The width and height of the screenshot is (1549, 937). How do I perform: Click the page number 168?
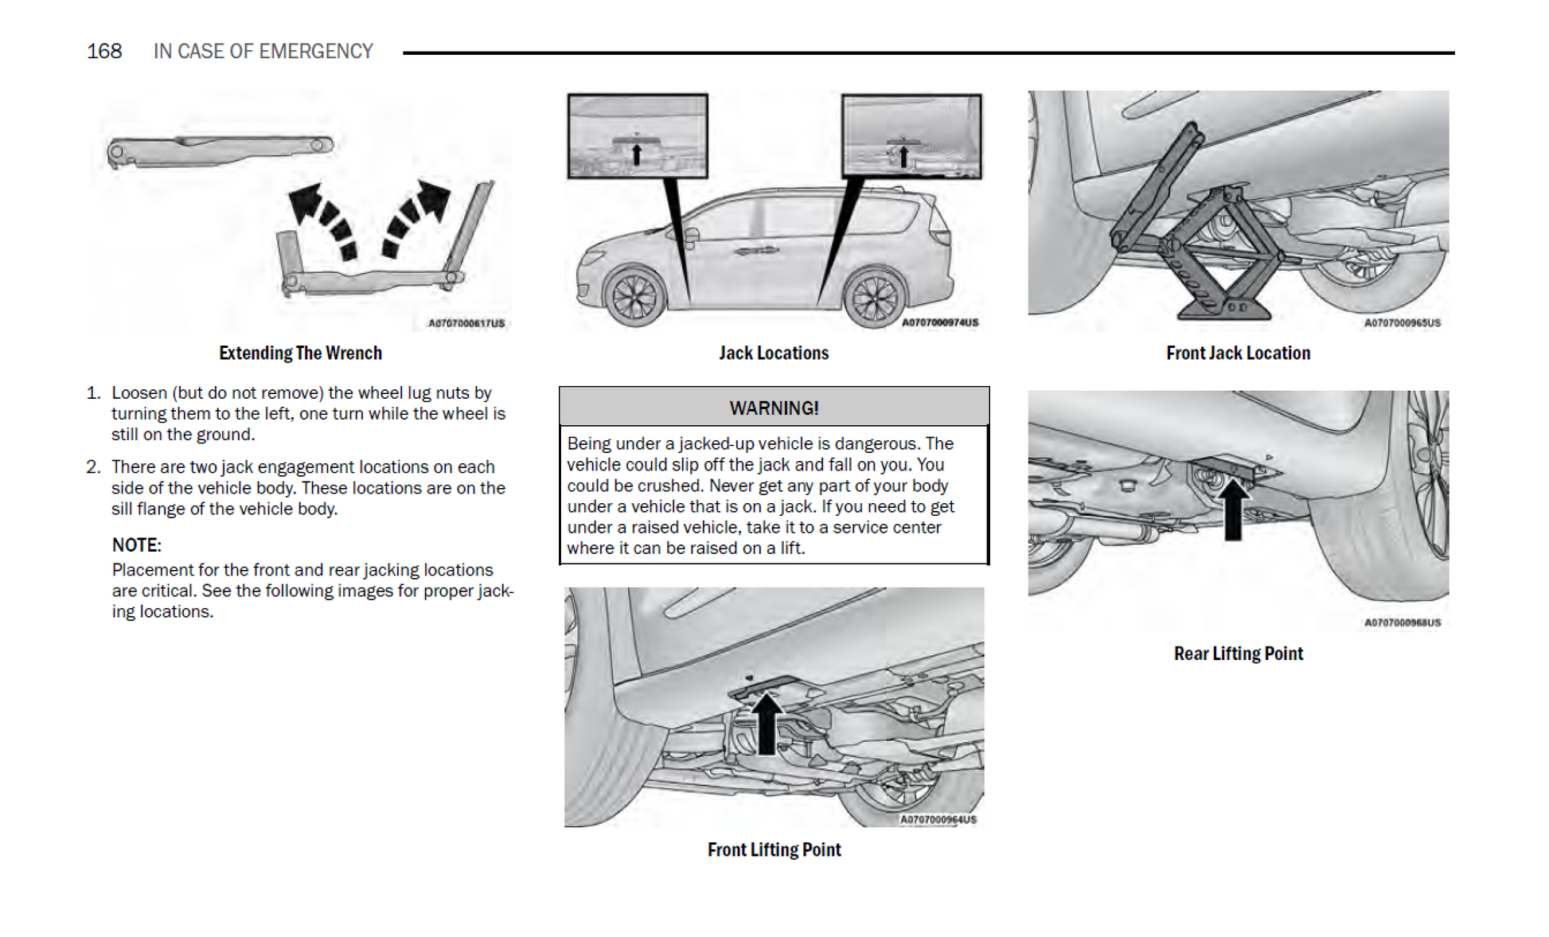pos(104,52)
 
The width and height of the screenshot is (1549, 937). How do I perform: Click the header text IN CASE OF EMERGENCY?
pos(263,52)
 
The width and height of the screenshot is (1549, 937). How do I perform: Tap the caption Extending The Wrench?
pos(300,353)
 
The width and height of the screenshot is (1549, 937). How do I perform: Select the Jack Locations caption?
pos(774,353)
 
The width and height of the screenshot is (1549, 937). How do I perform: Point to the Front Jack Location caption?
pos(1238,353)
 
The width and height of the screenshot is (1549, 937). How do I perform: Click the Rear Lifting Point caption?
pos(1238,654)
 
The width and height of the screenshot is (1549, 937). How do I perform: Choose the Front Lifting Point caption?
pos(774,849)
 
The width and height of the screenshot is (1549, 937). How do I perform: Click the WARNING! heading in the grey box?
pos(774,408)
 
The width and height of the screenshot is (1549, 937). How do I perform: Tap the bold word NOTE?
pos(136,545)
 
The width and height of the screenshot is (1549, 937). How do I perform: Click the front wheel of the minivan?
pos(634,296)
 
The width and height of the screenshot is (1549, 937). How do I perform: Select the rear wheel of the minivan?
pos(875,298)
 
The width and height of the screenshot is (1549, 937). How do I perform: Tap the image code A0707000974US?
pos(940,322)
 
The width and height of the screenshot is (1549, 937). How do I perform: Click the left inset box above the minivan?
pos(638,136)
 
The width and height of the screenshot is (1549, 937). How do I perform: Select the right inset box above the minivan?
pos(911,136)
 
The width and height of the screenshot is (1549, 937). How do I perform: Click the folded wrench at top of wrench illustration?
pos(219,150)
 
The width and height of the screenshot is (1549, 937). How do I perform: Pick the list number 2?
pos(93,467)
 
